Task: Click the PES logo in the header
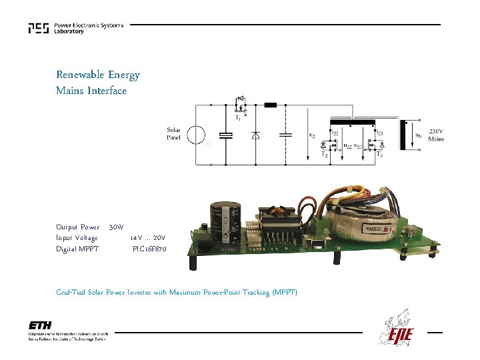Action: (x=39, y=28)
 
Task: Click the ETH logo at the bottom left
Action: (x=40, y=325)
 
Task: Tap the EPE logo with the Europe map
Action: (x=398, y=331)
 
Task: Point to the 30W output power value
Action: (x=116, y=227)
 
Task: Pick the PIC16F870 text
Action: (x=149, y=249)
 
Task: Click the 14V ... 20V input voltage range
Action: (x=148, y=238)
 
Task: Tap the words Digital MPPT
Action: (x=77, y=249)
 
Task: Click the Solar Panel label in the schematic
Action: (x=173, y=133)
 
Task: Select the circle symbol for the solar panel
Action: (x=197, y=135)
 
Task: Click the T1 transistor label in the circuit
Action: (x=238, y=118)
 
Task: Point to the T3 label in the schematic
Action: (x=380, y=155)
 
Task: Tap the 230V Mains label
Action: (x=436, y=135)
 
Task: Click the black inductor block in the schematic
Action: (x=271, y=105)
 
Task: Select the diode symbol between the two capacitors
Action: (x=255, y=135)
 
